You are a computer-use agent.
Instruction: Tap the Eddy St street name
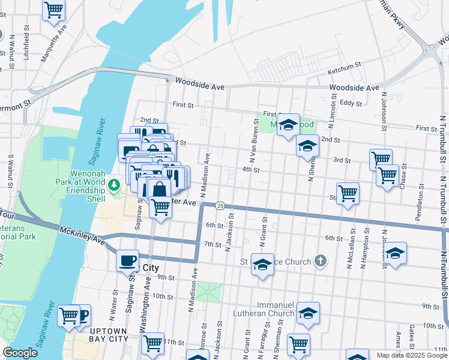(x=350, y=103)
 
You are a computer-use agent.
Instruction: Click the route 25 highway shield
(x=220, y=206)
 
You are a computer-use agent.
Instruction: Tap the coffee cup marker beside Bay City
(x=127, y=260)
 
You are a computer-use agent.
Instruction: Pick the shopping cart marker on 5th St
(x=348, y=193)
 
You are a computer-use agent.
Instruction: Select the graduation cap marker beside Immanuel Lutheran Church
(x=308, y=313)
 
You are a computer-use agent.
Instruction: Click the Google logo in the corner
(x=20, y=353)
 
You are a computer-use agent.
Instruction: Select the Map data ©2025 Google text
(x=412, y=355)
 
